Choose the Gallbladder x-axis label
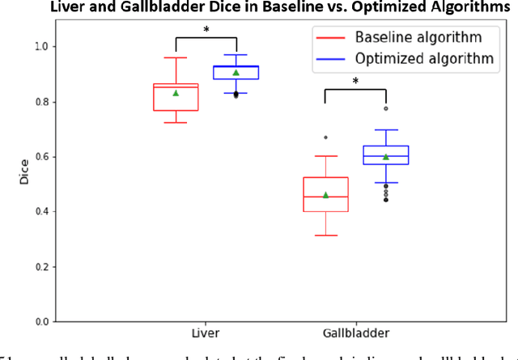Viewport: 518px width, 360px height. tap(355, 332)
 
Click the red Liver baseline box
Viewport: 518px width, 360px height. tap(175, 96)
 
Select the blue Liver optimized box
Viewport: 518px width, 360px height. tap(236, 73)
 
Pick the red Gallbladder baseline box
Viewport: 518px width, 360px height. tap(325, 194)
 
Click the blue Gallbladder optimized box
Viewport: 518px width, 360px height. tap(385, 155)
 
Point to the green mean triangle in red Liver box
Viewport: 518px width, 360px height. tap(175, 93)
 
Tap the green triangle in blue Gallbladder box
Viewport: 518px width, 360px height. tap(385, 157)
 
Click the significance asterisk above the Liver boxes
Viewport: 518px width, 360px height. tap(206, 31)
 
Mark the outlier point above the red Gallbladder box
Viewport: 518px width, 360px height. tap(325, 138)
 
